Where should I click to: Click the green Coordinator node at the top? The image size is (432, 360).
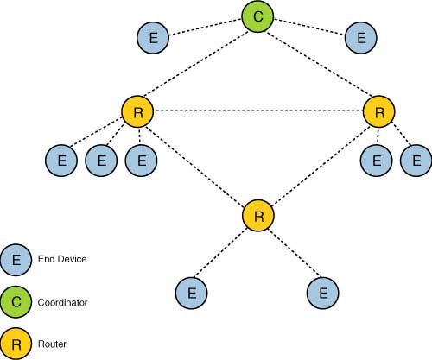click(x=258, y=17)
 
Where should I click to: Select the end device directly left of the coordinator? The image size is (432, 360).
click(x=153, y=38)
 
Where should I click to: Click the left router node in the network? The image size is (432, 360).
click(x=138, y=112)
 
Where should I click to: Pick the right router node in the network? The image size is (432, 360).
click(x=378, y=112)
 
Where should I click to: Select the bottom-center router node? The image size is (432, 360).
click(x=258, y=214)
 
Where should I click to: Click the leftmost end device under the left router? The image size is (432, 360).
click(x=61, y=161)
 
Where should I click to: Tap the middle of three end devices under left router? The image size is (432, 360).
click(x=101, y=161)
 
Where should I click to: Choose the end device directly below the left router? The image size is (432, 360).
click(x=141, y=161)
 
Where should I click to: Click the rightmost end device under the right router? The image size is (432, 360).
click(x=416, y=161)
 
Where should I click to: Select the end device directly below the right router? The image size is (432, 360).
click(x=376, y=161)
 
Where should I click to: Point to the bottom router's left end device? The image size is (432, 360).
click(x=192, y=293)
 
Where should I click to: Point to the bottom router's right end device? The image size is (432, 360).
click(x=323, y=293)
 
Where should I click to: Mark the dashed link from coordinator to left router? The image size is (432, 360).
click(x=199, y=65)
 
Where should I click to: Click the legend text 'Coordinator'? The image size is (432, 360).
click(x=62, y=302)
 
